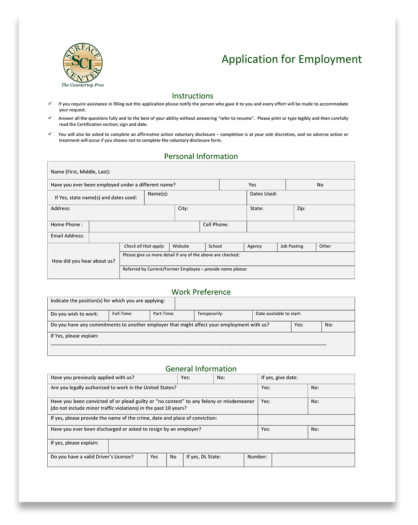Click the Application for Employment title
click(292, 59)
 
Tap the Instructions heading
click(192, 96)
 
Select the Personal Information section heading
click(201, 156)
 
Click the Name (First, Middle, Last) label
click(80, 172)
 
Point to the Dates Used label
click(263, 194)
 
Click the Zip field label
click(301, 208)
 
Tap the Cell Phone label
click(215, 225)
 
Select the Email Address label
click(67, 236)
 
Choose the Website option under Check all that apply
click(181, 246)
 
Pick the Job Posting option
click(292, 246)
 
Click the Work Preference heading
click(201, 292)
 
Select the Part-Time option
click(164, 314)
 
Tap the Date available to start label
click(278, 314)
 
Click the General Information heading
click(201, 369)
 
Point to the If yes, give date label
click(280, 378)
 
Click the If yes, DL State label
click(203, 457)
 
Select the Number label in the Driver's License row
click(257, 457)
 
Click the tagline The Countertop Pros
click(82, 85)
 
